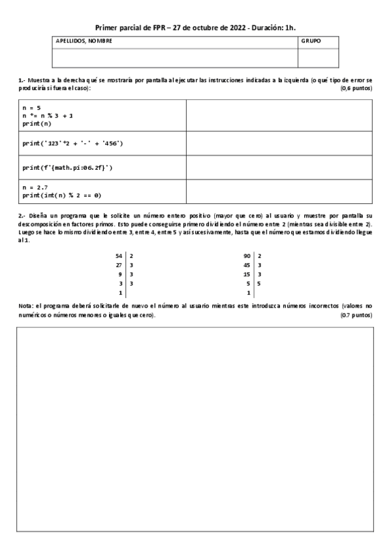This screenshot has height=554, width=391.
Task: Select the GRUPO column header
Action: pyautogui.click(x=310, y=41)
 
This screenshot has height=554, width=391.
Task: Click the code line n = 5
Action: pyautogui.click(x=33, y=106)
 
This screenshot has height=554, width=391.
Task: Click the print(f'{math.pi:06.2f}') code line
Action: pyautogui.click(x=67, y=168)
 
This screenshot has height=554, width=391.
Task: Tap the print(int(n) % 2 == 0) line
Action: pyautogui.click(x=62, y=195)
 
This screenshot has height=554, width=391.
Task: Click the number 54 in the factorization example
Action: pyautogui.click(x=118, y=256)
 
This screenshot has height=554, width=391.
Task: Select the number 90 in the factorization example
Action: pyautogui.click(x=246, y=256)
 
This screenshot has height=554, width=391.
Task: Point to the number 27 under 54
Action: pyautogui.click(x=118, y=265)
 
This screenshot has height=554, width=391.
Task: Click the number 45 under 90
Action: pyautogui.click(x=246, y=265)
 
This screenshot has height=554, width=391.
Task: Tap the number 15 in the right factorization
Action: pyautogui.click(x=246, y=274)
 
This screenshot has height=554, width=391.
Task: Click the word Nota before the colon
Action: pyautogui.click(x=25, y=306)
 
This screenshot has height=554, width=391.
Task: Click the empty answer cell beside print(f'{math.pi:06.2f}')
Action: pyautogui.click(x=279, y=168)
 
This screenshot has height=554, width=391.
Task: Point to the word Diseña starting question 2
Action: pyautogui.click(x=37, y=215)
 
